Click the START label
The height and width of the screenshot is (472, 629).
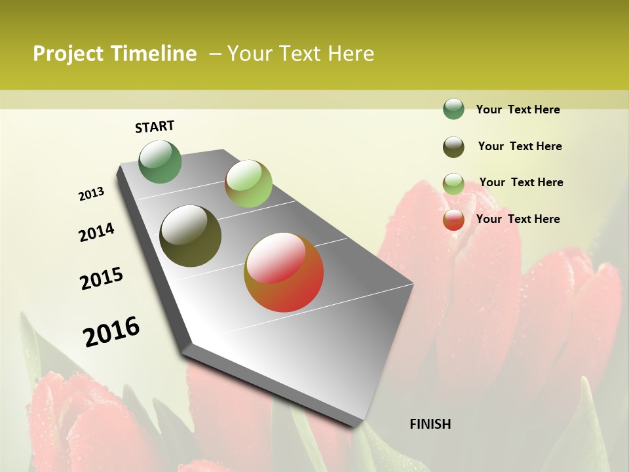click(155, 127)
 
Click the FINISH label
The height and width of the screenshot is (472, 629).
click(430, 424)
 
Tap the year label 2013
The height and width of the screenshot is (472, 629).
click(91, 194)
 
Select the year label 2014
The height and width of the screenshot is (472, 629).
click(96, 233)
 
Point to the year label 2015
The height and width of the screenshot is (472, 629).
click(102, 279)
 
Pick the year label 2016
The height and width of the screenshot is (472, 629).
click(111, 332)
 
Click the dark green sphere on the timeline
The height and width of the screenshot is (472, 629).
click(161, 161)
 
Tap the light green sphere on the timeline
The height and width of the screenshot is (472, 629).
click(248, 184)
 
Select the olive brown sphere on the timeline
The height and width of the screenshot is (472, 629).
click(191, 236)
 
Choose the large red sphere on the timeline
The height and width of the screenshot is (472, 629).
click(284, 272)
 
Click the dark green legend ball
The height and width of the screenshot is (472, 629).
click(453, 109)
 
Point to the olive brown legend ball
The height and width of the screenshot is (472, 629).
click(453, 147)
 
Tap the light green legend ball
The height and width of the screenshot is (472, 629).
click(453, 184)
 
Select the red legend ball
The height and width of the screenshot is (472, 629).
click(453, 220)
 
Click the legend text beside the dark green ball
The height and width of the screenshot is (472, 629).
click(518, 109)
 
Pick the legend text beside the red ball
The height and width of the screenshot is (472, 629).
click(518, 219)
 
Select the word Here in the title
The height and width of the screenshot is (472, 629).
click(351, 54)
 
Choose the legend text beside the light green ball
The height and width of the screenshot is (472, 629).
click(521, 182)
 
